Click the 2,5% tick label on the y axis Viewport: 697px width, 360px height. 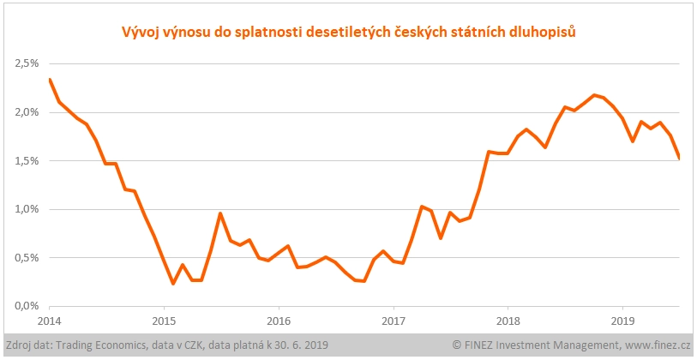point(27,63)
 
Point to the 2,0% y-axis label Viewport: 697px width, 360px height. point(27,112)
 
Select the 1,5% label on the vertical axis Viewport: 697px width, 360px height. point(27,160)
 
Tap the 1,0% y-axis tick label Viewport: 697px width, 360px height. point(27,209)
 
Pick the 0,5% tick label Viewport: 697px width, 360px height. point(27,257)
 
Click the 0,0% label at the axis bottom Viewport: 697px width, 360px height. point(27,306)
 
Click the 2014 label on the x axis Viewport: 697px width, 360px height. point(50,321)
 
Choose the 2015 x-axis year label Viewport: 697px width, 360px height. point(164,321)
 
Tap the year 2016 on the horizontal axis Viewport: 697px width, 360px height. point(279,321)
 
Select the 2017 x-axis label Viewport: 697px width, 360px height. point(393,321)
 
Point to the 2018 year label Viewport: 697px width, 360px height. point(508,321)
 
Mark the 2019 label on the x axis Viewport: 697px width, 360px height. point(622,321)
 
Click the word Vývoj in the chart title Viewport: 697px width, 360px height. point(136,33)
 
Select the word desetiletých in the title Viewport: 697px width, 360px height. point(338,33)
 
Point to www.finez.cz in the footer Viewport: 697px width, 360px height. point(655,345)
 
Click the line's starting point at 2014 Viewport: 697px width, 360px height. point(50,80)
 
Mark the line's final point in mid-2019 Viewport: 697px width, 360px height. point(679,158)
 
